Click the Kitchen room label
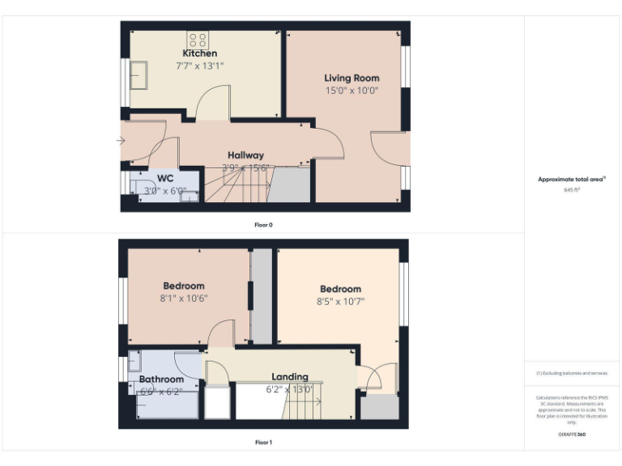coord(199,53)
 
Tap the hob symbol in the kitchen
coord(198,38)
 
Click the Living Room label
coord(351,78)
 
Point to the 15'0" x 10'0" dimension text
coord(351,91)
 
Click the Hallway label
coord(245,155)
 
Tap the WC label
coord(165,178)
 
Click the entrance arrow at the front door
coord(121,141)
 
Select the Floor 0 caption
coord(263,225)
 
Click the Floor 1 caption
coord(263,443)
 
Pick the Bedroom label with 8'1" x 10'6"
coord(184,286)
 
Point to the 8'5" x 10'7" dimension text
coord(340,302)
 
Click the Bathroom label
coord(161,379)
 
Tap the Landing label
coord(290,376)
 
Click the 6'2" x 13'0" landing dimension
coord(290,388)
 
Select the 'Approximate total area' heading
coord(571,180)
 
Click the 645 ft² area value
coord(572,190)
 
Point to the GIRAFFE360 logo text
coord(572,434)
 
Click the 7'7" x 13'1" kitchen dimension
coord(199,66)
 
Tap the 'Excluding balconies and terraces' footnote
coord(572,373)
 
